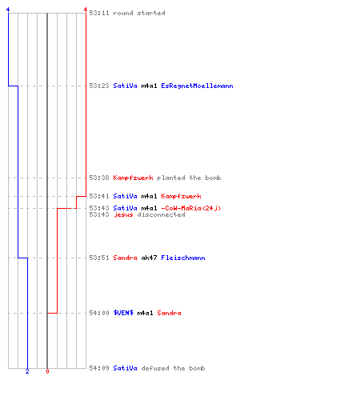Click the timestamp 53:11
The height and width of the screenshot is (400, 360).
pos(99,13)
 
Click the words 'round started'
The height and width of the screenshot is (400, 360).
pos(139,13)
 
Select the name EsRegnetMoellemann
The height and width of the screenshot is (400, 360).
pos(197,86)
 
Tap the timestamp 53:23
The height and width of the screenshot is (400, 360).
pos(99,86)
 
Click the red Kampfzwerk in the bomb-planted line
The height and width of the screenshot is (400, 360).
pos(133,178)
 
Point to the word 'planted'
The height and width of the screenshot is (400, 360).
pos(171,178)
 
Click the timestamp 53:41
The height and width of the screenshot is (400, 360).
pos(99,196)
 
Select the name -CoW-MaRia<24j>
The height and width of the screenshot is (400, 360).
pos(191,208)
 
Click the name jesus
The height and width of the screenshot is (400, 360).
pos(123,214)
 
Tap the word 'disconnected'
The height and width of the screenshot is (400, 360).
pos(161,214)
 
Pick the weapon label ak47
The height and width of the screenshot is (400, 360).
pos(149,258)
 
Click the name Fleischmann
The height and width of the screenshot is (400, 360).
pos(183,258)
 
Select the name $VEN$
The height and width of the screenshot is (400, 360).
pos(123,313)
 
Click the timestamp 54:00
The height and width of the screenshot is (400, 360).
pos(99,313)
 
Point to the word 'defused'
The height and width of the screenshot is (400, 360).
pos(155,368)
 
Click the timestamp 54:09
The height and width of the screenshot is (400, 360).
pos(99,368)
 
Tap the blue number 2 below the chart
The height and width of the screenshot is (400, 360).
pos(27,371)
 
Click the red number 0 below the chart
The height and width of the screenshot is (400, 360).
pos(47,371)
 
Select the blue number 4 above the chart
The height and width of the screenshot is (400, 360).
pos(8,10)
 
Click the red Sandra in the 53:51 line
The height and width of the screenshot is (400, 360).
pos(125,258)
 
